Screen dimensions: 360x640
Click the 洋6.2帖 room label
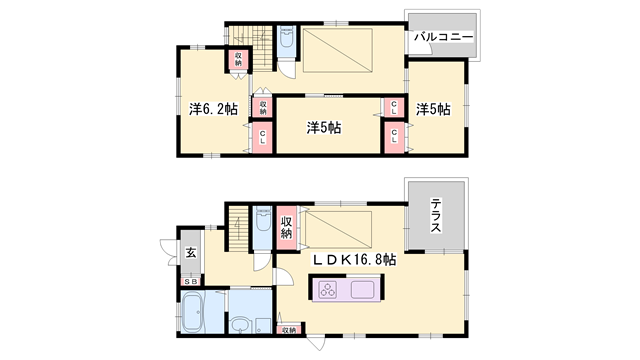[212, 107]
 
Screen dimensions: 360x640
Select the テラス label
[437, 216]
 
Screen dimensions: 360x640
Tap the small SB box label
[189, 283]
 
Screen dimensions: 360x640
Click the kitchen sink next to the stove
[363, 291]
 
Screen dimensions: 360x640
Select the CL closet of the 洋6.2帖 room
[262, 138]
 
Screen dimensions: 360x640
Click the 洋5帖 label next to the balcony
[434, 108]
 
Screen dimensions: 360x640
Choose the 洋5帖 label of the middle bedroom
[324, 127]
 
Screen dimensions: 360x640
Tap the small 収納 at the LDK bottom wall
[288, 329]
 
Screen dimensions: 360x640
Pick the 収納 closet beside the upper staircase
[240, 59]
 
